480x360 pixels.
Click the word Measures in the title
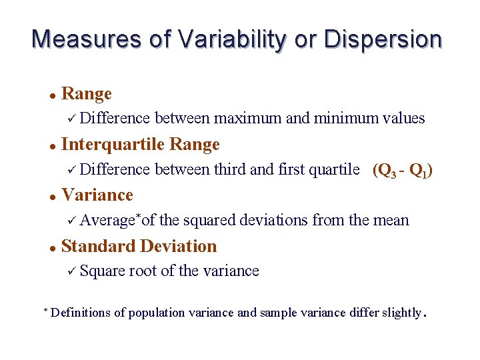click(87, 39)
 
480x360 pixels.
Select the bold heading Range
click(86, 94)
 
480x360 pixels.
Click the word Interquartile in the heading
click(113, 145)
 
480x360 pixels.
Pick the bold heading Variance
click(97, 195)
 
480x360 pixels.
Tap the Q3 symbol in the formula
click(386, 171)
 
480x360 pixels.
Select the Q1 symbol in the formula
click(418, 171)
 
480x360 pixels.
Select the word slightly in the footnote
click(399, 313)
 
